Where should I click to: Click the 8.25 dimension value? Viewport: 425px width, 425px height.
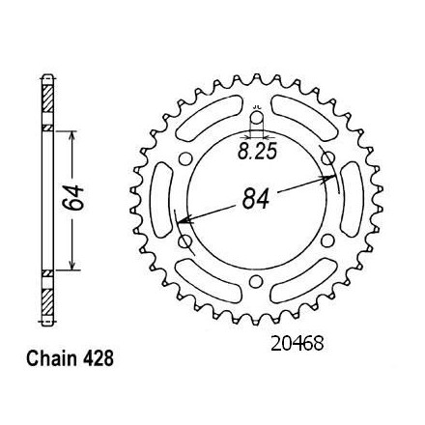click(x=257, y=152)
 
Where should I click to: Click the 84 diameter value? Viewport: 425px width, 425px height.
click(x=256, y=198)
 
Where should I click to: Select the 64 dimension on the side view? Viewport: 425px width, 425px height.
click(x=73, y=198)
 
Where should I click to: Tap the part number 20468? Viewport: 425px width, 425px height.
click(x=297, y=344)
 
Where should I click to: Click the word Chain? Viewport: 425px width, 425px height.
click(x=51, y=358)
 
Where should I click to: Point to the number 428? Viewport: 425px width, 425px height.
click(x=99, y=358)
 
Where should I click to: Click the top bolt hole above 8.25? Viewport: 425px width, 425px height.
click(x=257, y=118)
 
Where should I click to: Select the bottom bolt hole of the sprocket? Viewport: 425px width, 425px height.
click(x=256, y=281)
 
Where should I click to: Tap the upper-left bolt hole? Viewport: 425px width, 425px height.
click(x=184, y=159)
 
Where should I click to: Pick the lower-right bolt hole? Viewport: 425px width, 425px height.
click(x=327, y=241)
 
